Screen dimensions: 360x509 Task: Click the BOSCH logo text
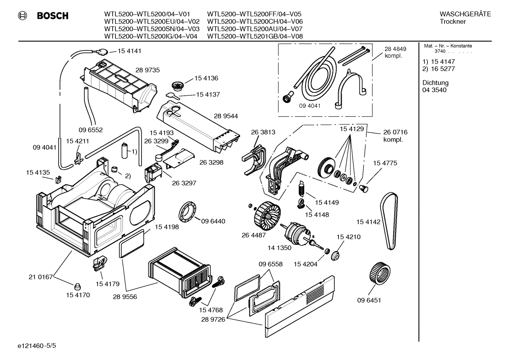53,16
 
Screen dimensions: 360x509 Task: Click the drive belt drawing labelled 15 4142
389,223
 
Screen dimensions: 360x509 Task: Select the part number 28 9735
148,70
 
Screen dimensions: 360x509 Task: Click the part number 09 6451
369,300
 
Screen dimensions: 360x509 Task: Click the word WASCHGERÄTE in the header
465,14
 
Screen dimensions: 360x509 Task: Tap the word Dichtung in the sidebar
435,83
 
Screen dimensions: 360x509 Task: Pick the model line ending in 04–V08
254,36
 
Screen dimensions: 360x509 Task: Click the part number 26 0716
395,132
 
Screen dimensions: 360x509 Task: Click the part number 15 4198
167,227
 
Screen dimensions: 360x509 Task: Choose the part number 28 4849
395,49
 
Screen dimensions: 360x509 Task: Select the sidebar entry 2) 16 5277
438,69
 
